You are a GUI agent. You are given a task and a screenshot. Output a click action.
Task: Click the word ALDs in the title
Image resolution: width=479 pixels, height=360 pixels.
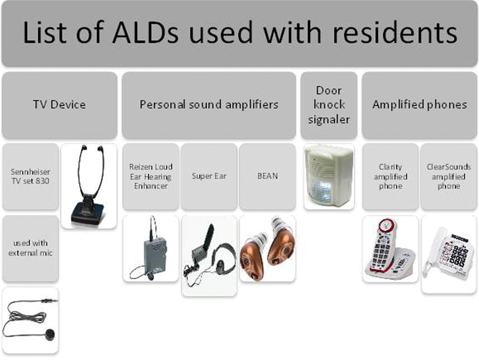[x=145, y=32]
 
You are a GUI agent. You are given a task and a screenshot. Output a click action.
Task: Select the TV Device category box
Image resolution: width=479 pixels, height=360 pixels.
[x=59, y=105]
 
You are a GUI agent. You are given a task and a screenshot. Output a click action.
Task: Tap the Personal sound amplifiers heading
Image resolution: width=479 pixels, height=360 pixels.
[x=209, y=104]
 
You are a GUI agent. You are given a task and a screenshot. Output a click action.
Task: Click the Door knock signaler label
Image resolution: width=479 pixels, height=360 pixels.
[x=329, y=105]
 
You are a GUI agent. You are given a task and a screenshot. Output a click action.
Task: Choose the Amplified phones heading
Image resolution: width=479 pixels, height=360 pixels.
[x=420, y=104]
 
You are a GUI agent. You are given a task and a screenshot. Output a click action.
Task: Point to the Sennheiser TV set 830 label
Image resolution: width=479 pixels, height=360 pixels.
[x=31, y=176]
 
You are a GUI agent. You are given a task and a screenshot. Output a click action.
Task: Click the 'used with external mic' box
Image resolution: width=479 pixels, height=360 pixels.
[x=31, y=248]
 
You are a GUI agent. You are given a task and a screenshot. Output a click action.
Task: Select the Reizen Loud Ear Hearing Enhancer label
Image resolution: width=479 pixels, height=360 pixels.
[x=151, y=176]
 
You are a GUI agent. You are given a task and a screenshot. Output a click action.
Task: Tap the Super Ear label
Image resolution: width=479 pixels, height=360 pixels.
[x=209, y=176]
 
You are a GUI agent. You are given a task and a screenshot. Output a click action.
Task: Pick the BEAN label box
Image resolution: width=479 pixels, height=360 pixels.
[x=268, y=176]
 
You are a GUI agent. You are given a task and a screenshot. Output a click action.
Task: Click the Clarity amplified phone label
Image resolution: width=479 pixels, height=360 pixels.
[x=390, y=176]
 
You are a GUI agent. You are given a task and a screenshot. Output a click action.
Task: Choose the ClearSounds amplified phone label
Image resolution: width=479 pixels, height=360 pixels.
[x=448, y=176]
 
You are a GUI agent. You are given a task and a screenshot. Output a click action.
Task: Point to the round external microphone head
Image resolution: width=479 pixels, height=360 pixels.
[x=50, y=334]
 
